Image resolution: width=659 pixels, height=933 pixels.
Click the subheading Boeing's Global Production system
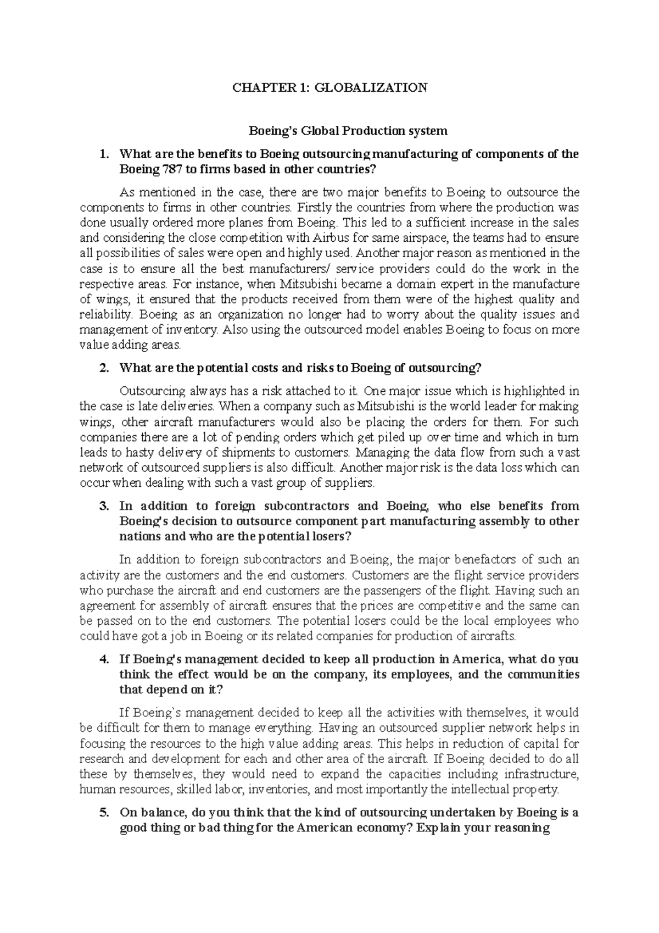click(x=348, y=131)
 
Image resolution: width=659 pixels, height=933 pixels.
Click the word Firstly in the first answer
click(x=314, y=208)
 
